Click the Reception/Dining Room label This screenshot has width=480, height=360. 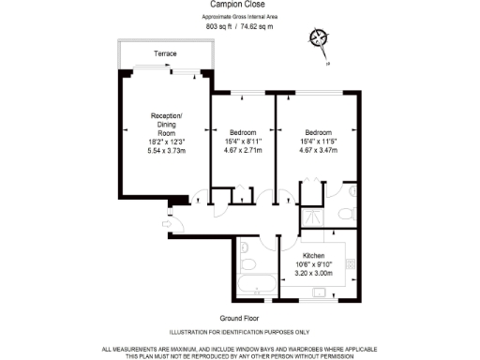click(x=168, y=125)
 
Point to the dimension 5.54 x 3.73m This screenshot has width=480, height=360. click(x=168, y=150)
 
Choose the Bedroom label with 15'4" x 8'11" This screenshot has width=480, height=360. click(x=242, y=132)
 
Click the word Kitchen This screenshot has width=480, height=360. click(x=313, y=255)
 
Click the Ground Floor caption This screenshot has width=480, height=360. click(x=239, y=318)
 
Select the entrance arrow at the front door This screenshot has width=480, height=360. click(x=160, y=222)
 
